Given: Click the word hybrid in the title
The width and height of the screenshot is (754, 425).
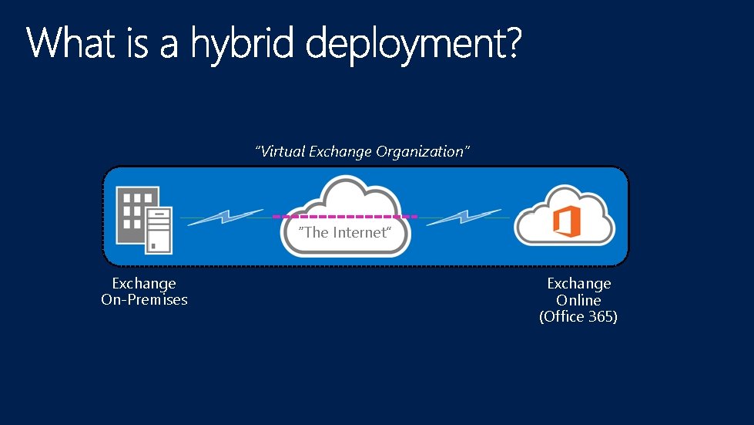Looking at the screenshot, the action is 243,43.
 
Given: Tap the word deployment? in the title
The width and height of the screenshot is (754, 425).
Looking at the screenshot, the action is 414,45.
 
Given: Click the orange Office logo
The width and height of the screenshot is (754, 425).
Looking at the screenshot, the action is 565,222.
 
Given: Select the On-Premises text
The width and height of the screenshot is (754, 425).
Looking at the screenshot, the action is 144,300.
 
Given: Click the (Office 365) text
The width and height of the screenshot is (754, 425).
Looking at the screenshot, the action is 578,316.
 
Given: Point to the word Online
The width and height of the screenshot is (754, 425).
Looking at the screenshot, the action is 578,300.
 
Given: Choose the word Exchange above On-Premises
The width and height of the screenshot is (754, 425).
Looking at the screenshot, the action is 144,284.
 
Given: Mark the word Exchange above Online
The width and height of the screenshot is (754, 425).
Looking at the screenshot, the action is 578,284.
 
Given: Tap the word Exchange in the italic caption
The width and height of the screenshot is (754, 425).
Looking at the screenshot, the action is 341,151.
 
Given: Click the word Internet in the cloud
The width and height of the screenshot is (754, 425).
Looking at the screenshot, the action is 359,232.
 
